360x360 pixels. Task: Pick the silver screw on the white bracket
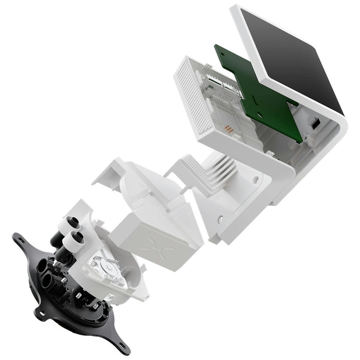point(220,219)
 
